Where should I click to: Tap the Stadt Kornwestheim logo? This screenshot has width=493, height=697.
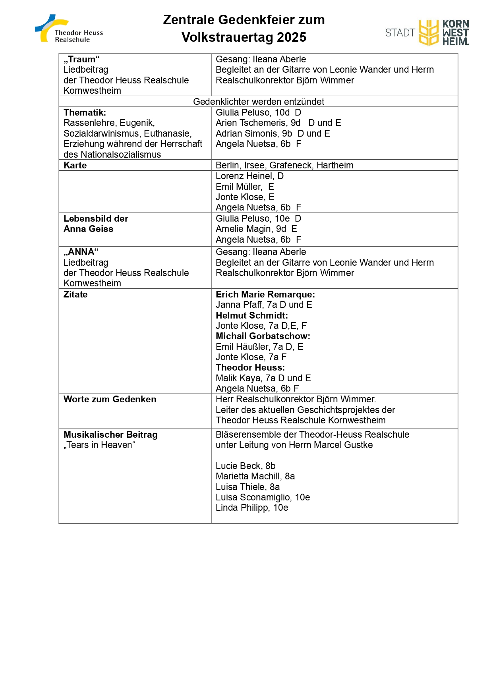[x=427, y=33]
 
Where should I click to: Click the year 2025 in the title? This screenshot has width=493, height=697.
[x=291, y=37]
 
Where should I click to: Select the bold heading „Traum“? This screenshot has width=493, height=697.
[x=81, y=60]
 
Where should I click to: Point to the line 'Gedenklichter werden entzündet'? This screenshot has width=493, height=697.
[x=258, y=102]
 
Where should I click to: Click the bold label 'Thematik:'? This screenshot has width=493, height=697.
[x=85, y=112]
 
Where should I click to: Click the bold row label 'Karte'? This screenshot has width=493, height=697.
[x=75, y=165]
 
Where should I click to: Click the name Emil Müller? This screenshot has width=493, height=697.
[x=239, y=187]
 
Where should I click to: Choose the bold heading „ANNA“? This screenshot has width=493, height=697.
[x=81, y=252]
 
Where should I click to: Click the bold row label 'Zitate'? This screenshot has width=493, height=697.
[x=75, y=294]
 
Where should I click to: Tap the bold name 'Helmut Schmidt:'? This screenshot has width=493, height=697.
[x=252, y=315]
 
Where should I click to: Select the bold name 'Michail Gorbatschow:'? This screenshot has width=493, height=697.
[x=263, y=336]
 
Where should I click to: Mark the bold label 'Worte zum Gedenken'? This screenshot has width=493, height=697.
[x=110, y=399]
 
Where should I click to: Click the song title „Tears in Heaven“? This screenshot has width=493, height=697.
[x=99, y=445]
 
